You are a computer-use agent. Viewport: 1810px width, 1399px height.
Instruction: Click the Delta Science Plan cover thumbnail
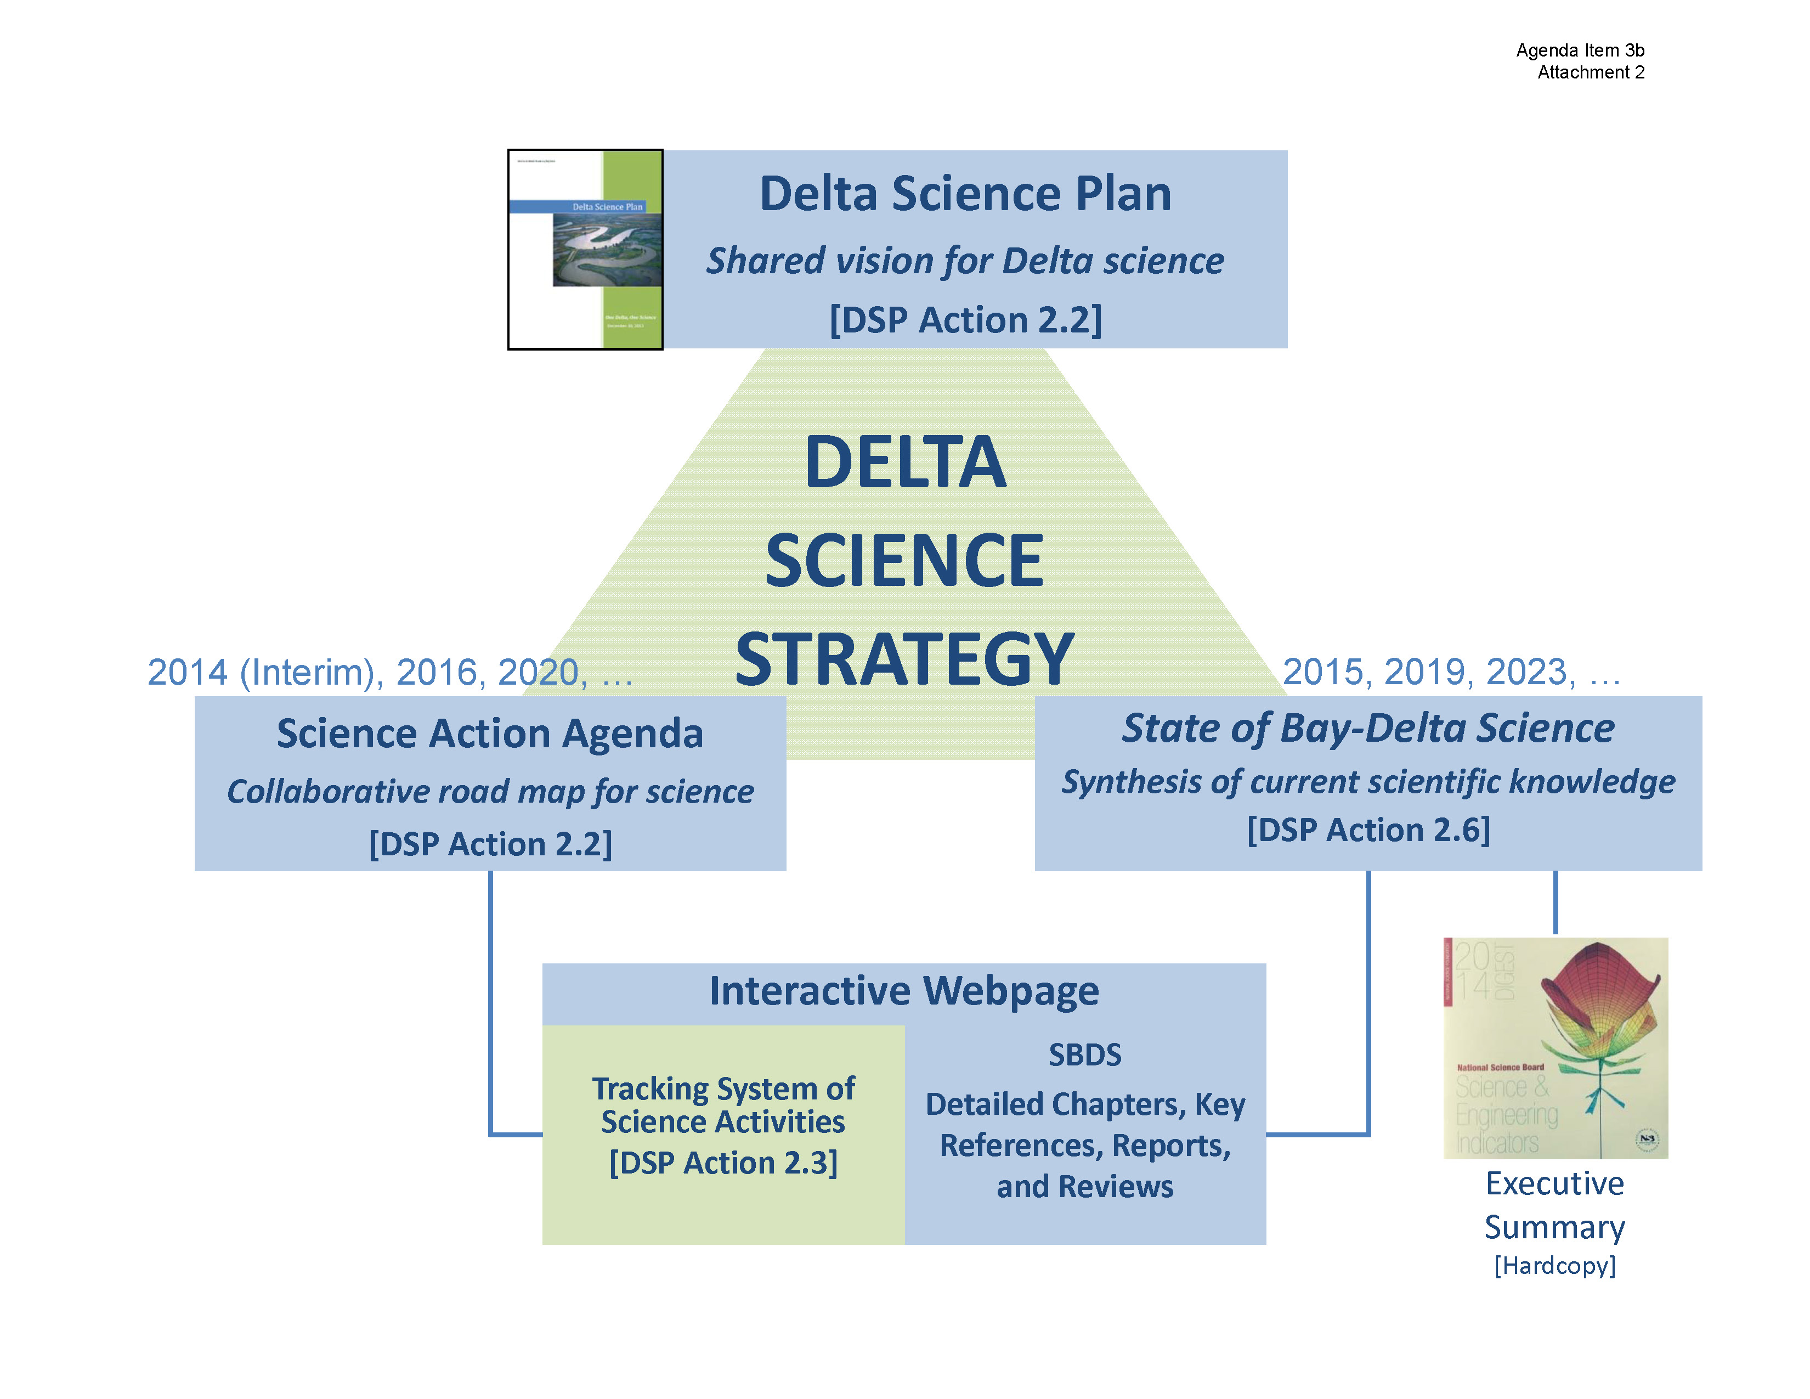(x=585, y=250)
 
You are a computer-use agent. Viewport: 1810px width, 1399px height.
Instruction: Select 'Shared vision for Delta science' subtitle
(x=965, y=261)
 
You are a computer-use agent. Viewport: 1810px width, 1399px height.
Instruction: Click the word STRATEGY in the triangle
(x=904, y=659)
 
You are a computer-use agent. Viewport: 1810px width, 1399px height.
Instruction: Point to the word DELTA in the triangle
(x=905, y=462)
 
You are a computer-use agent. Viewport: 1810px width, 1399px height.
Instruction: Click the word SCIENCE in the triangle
(x=904, y=561)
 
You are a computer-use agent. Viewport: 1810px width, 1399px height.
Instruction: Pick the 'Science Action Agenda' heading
(x=490, y=734)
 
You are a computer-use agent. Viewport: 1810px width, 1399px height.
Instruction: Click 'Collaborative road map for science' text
(x=490, y=792)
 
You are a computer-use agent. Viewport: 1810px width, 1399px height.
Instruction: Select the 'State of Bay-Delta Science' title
(x=1367, y=729)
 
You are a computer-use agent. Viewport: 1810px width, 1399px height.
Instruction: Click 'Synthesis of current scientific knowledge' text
(x=1367, y=782)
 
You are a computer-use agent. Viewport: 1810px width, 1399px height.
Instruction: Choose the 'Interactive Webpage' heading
(x=903, y=991)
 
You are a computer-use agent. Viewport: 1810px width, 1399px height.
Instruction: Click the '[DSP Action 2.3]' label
(x=723, y=1163)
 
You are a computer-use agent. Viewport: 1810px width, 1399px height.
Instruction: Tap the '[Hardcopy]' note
(x=1555, y=1266)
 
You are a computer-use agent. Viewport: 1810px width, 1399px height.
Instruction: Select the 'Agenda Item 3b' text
(x=1580, y=50)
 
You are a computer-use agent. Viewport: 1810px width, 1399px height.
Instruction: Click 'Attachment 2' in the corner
(x=1591, y=73)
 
